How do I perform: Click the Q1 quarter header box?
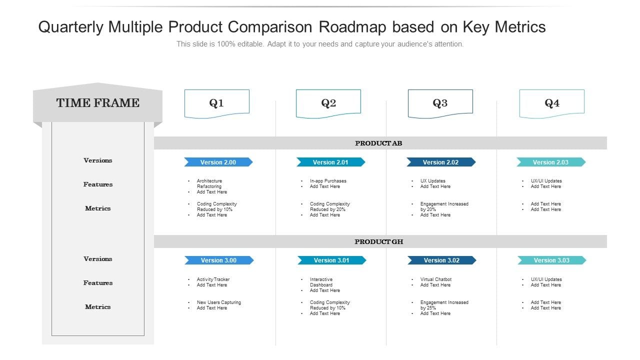216,103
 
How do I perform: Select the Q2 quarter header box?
328,103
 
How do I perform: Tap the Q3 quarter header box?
440,103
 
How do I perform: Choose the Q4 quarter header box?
551,103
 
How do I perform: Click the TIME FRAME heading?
98,103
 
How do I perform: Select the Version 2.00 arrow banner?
218,162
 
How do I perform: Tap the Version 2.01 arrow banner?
330,162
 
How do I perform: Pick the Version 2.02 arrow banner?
440,162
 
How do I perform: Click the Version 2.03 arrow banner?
550,162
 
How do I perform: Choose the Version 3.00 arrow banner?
218,260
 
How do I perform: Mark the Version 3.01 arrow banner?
331,260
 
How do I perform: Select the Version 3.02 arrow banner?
441,260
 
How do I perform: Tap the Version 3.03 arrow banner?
551,260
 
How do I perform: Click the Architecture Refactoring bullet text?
209,183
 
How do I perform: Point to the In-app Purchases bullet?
328,181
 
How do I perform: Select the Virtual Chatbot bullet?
436,279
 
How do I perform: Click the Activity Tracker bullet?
213,279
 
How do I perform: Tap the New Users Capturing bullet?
218,302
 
